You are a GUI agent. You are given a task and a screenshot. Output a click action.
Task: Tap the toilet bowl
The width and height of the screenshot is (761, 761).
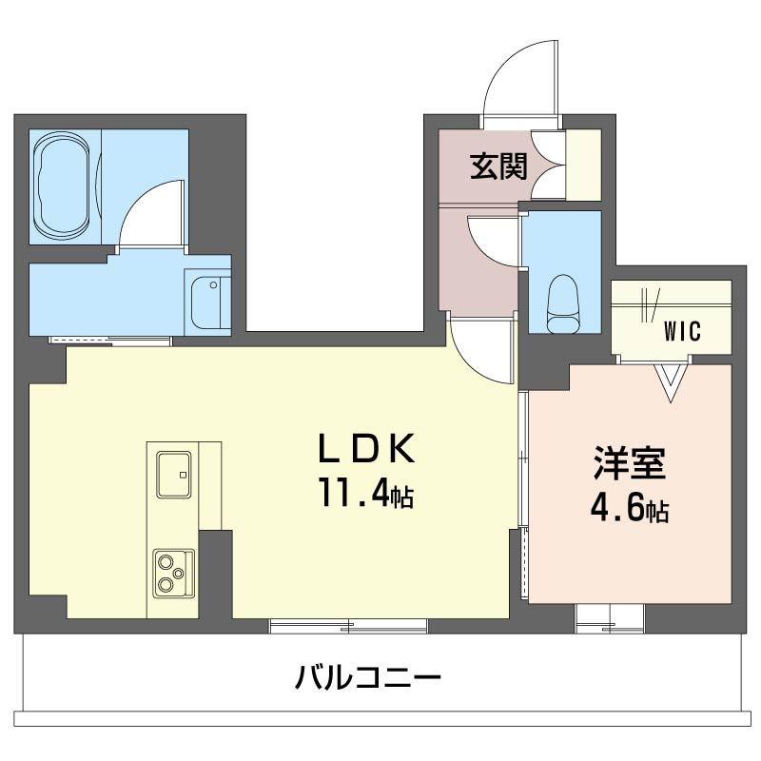(x=563, y=302)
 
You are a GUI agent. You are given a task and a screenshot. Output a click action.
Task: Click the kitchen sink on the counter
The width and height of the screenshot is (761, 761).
(x=173, y=474)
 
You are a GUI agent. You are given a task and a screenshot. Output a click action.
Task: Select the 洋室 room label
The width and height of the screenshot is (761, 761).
(x=629, y=464)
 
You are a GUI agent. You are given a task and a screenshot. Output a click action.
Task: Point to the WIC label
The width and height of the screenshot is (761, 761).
(x=682, y=332)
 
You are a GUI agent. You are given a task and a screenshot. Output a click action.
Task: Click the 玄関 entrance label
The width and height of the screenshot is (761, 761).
(x=498, y=167)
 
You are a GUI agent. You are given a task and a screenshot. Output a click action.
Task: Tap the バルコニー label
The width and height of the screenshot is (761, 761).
(x=368, y=679)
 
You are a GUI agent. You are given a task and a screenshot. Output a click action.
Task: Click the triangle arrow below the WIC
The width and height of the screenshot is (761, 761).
(x=673, y=380)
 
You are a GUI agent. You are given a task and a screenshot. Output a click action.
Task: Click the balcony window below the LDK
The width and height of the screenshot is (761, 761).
(x=347, y=626)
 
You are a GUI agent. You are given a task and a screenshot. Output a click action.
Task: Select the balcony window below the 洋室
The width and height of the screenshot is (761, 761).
(x=610, y=618)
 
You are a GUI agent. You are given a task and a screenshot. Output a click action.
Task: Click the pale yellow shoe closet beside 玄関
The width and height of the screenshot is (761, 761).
(x=583, y=164)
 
